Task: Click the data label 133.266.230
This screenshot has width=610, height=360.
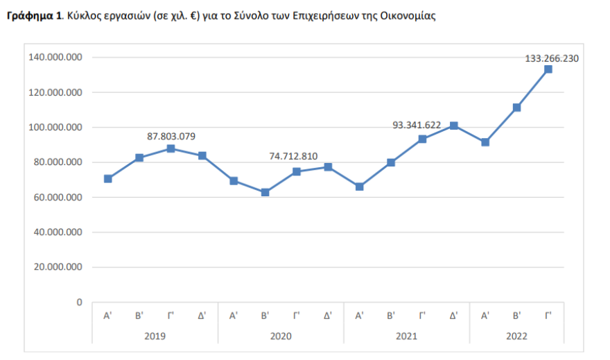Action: (552, 58)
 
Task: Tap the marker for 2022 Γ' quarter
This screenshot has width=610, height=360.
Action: (548, 69)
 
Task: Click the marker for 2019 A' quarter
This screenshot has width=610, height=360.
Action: (107, 179)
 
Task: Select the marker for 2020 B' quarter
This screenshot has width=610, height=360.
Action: (265, 192)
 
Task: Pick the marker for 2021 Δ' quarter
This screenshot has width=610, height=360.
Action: (454, 126)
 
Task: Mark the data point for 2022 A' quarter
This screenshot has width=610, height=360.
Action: (485, 142)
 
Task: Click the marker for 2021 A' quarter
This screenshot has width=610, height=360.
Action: (359, 187)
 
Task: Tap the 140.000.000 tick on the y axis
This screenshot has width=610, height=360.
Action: (55, 58)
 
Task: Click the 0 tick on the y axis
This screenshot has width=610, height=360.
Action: (79, 302)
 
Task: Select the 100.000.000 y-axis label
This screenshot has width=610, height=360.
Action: (55, 128)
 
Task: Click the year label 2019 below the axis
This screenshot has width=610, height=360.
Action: (155, 336)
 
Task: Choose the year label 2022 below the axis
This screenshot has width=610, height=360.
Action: (516, 336)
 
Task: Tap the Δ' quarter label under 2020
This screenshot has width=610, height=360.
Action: (328, 316)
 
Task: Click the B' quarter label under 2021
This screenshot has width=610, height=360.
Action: (391, 316)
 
